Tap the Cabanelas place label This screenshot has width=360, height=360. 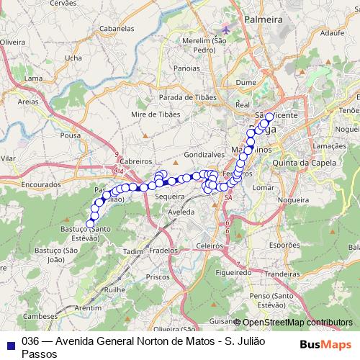(117, 29)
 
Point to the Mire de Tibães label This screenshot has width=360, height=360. (156, 114)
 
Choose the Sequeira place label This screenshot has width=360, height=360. (170, 196)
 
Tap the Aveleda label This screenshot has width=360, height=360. (181, 213)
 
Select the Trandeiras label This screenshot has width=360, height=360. (282, 274)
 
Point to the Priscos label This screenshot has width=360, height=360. (157, 276)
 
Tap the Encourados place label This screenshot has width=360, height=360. (41, 184)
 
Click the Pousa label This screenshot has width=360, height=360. (71, 135)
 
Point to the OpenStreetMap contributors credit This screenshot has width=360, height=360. (297, 322)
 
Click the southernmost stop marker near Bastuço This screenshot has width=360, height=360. (91, 224)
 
